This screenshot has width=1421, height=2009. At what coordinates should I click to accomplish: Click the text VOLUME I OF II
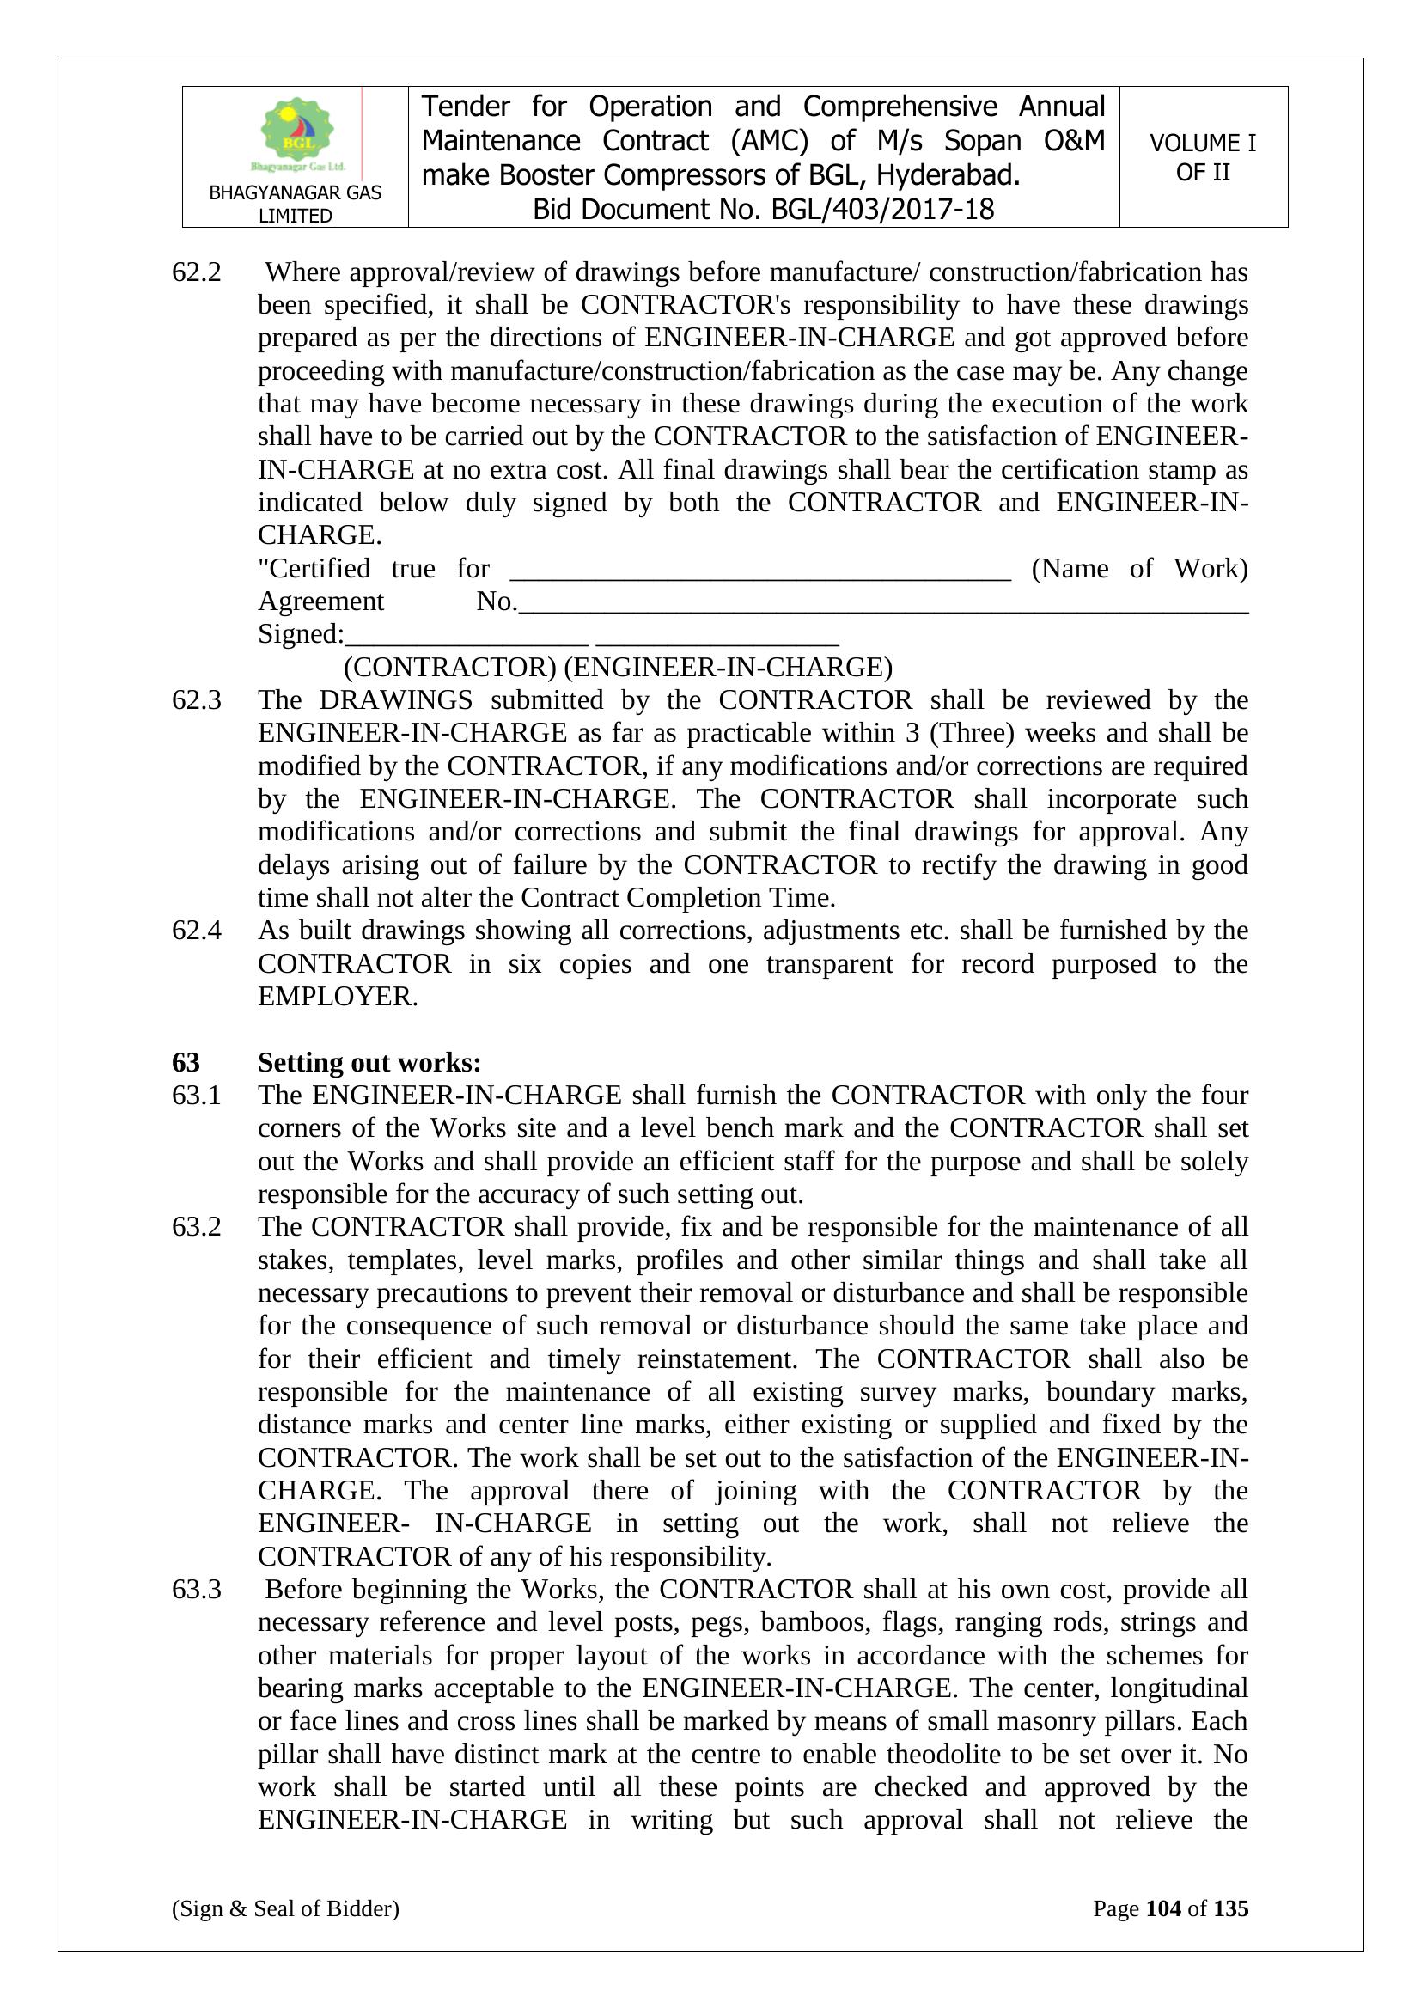click(x=1202, y=157)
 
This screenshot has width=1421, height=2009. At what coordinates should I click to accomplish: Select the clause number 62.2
click(x=196, y=272)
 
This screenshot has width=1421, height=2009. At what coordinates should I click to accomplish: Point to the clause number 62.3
click(x=196, y=700)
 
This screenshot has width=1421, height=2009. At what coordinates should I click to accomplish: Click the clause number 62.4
click(x=196, y=930)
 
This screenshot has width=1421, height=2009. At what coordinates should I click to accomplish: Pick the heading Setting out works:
click(x=369, y=1062)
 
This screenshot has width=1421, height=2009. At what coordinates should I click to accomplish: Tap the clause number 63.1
click(x=196, y=1096)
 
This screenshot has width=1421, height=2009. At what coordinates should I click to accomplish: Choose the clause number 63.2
click(x=196, y=1227)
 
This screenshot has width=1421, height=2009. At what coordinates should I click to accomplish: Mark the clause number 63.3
click(x=196, y=1589)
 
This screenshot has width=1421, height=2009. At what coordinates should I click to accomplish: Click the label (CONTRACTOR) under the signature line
click(x=449, y=668)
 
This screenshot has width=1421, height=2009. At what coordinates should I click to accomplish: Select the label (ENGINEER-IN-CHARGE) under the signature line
click(x=728, y=668)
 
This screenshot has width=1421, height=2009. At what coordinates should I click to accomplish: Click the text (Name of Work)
click(x=1139, y=569)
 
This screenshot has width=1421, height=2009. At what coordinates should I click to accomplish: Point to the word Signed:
click(x=301, y=634)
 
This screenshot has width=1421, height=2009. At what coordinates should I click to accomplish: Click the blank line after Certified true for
click(x=759, y=574)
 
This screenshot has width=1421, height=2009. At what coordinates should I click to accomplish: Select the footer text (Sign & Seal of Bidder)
click(x=285, y=1908)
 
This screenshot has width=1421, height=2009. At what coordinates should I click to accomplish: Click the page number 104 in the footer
click(x=1163, y=1908)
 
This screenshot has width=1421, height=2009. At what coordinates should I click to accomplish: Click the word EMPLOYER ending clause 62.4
click(x=337, y=997)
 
